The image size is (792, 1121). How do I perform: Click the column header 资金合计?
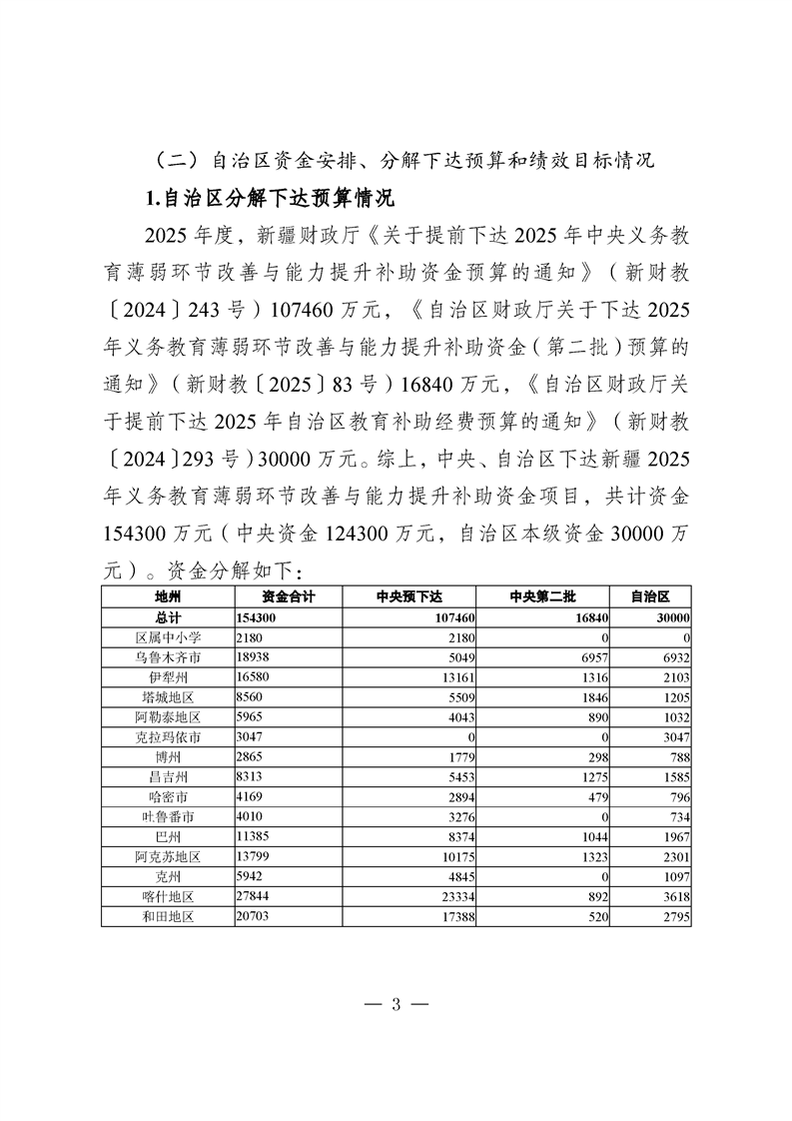(x=289, y=596)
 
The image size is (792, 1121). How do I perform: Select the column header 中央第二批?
(x=542, y=596)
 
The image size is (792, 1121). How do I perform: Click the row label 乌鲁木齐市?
(x=167, y=657)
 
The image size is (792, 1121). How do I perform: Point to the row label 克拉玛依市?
(x=167, y=738)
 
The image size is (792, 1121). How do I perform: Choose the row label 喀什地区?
(x=167, y=898)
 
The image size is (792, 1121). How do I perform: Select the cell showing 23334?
(x=454, y=898)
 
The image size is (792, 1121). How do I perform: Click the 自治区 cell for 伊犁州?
(x=674, y=678)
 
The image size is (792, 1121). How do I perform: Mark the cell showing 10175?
(x=454, y=857)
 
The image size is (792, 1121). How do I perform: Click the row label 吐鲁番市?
(x=167, y=817)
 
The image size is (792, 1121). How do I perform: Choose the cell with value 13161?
(x=454, y=678)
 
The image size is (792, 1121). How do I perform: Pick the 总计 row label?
(x=167, y=618)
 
